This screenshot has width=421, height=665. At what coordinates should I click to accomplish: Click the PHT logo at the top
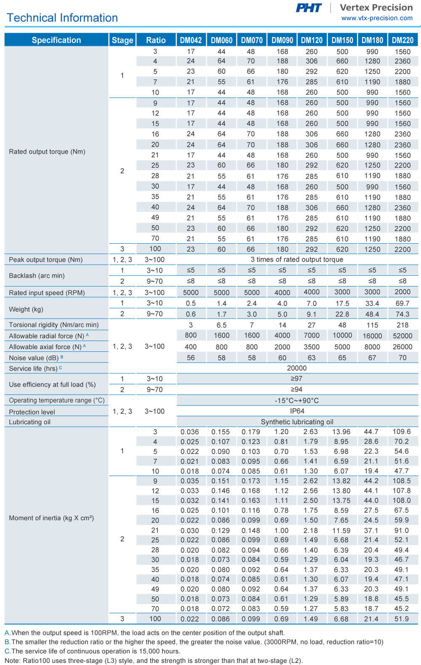309,8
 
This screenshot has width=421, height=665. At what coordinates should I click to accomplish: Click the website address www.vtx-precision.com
377,18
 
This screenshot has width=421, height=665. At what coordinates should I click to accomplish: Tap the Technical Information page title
62,18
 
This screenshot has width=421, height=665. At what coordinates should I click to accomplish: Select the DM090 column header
282,40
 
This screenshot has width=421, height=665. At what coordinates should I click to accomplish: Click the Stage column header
123,40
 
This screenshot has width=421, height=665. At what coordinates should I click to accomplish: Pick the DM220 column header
402,40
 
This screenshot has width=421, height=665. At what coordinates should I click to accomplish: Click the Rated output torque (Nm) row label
47,152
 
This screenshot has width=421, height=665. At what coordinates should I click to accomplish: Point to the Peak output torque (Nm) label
46,260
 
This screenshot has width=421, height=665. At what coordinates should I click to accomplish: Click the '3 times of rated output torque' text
297,260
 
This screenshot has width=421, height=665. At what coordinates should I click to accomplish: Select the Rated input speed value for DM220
402,292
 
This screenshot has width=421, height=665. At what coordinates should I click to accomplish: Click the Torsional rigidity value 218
402,325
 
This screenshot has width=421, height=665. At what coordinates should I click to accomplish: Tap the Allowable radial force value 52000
402,336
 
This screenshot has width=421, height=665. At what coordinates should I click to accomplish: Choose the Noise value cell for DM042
191,358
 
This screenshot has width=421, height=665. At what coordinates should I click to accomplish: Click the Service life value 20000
297,368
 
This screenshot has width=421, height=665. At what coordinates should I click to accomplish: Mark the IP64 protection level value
297,411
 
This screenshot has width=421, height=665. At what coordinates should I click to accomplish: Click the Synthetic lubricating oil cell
297,422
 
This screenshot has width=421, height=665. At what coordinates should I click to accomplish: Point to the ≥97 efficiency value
297,379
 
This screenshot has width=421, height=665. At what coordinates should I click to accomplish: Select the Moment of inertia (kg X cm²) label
51,518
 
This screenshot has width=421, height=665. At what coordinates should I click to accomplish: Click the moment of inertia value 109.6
402,432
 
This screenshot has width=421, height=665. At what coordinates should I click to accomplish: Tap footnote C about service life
93,651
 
